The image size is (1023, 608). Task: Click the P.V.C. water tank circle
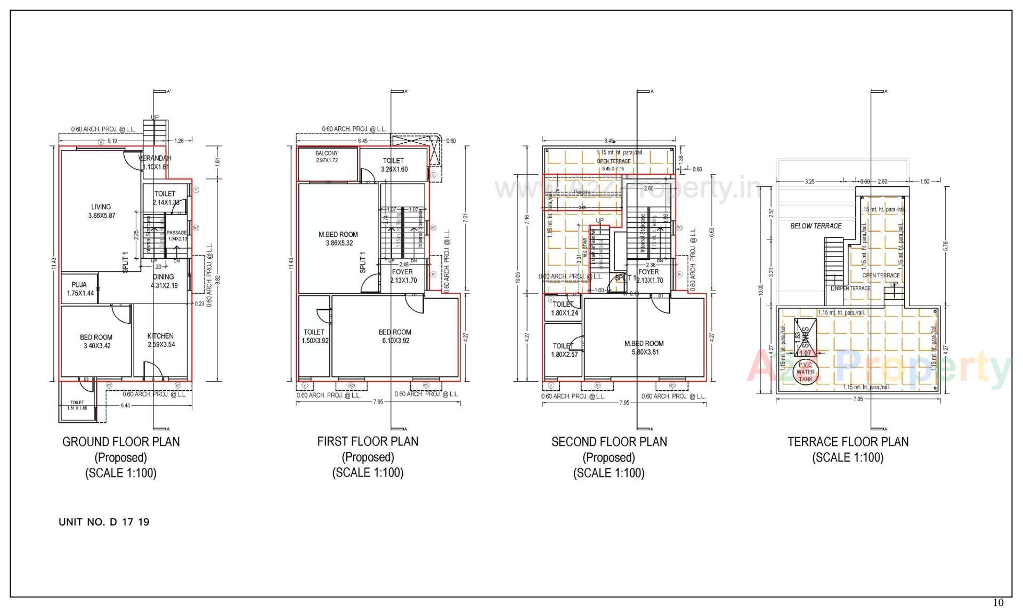tap(805, 372)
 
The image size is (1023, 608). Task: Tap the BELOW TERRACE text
tap(816, 226)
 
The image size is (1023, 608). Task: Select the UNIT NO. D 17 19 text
tap(104, 522)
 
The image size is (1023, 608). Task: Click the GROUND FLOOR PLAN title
tap(121, 441)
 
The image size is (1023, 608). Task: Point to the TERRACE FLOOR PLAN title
tap(848, 441)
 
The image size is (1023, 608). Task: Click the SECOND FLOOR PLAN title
tap(609, 441)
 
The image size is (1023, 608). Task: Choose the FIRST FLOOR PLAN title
tap(368, 441)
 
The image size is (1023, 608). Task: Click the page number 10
tap(998, 603)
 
